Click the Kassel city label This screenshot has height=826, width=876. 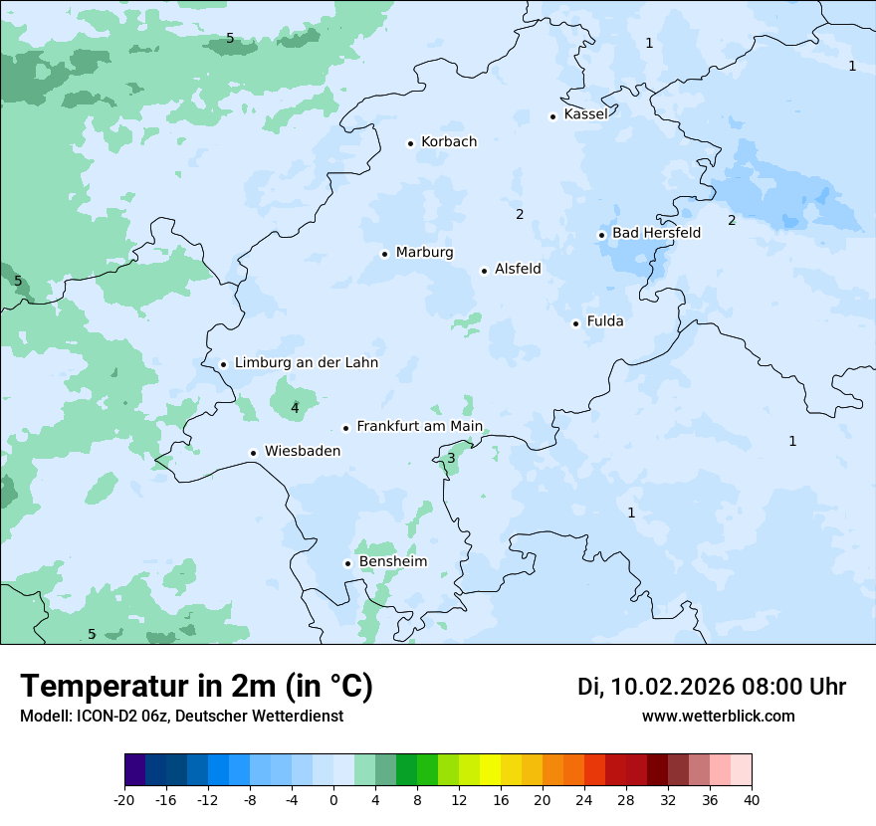pyautogui.click(x=585, y=114)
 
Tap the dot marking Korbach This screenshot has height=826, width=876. pyautogui.click(x=410, y=143)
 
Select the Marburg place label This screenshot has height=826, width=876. pyautogui.click(x=424, y=253)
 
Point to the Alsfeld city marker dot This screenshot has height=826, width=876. pyautogui.click(x=485, y=271)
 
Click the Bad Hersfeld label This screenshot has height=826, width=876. pyautogui.click(x=656, y=233)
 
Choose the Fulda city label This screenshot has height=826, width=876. pyautogui.click(x=605, y=321)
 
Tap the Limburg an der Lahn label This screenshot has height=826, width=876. pyautogui.click(x=306, y=363)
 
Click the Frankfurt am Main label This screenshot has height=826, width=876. pyautogui.click(x=419, y=426)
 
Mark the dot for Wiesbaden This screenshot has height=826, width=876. pyautogui.click(x=254, y=453)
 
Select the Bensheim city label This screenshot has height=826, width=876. pyautogui.click(x=392, y=562)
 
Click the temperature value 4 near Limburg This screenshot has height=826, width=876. pyautogui.click(x=295, y=408)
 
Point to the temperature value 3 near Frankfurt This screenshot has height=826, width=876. pyautogui.click(x=451, y=459)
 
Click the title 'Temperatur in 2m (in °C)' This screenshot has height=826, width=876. pyautogui.click(x=196, y=687)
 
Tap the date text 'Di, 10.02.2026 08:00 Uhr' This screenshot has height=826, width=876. pyautogui.click(x=712, y=687)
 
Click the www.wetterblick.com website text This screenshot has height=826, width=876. pyautogui.click(x=718, y=717)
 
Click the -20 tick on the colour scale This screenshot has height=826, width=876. pyautogui.click(x=124, y=800)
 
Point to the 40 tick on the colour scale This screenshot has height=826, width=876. pyautogui.click(x=752, y=800)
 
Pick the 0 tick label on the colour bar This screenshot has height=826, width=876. pyautogui.click(x=333, y=800)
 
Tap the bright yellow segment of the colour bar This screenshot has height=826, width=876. pyautogui.click(x=490, y=770)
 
